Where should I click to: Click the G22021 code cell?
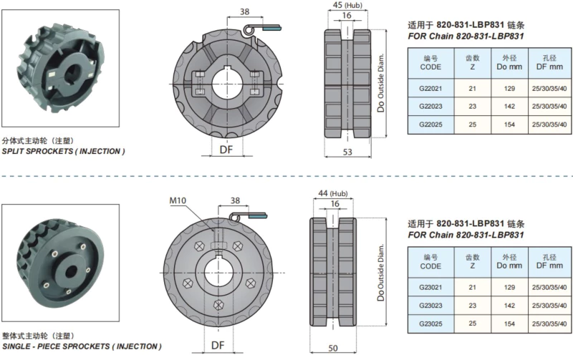click(x=430, y=88)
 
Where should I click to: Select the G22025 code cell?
click(x=430, y=124)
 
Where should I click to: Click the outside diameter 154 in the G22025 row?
click(x=509, y=124)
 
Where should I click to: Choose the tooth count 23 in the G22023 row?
click(x=472, y=106)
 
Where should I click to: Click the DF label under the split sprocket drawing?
click(x=226, y=149)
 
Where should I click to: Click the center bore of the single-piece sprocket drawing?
click(x=219, y=274)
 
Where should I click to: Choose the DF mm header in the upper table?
click(x=549, y=61)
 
